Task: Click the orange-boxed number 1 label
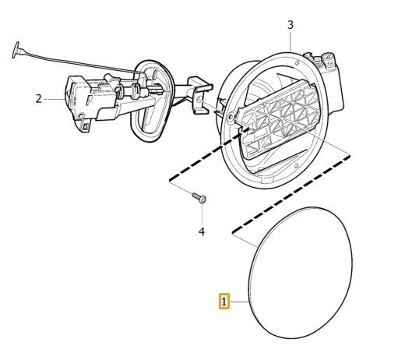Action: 224,302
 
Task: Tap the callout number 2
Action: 38,99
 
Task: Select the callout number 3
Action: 291,25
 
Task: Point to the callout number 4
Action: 202,231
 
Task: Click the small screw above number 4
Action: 199,198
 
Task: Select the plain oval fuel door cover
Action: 301,273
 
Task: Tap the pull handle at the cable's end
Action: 16,50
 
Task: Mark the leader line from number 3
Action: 291,41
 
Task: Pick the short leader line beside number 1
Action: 239,302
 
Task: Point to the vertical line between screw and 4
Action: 202,215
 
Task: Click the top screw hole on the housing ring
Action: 297,62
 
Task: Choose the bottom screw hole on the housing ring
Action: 296,166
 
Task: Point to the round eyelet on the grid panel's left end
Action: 231,117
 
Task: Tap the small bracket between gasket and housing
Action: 201,95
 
